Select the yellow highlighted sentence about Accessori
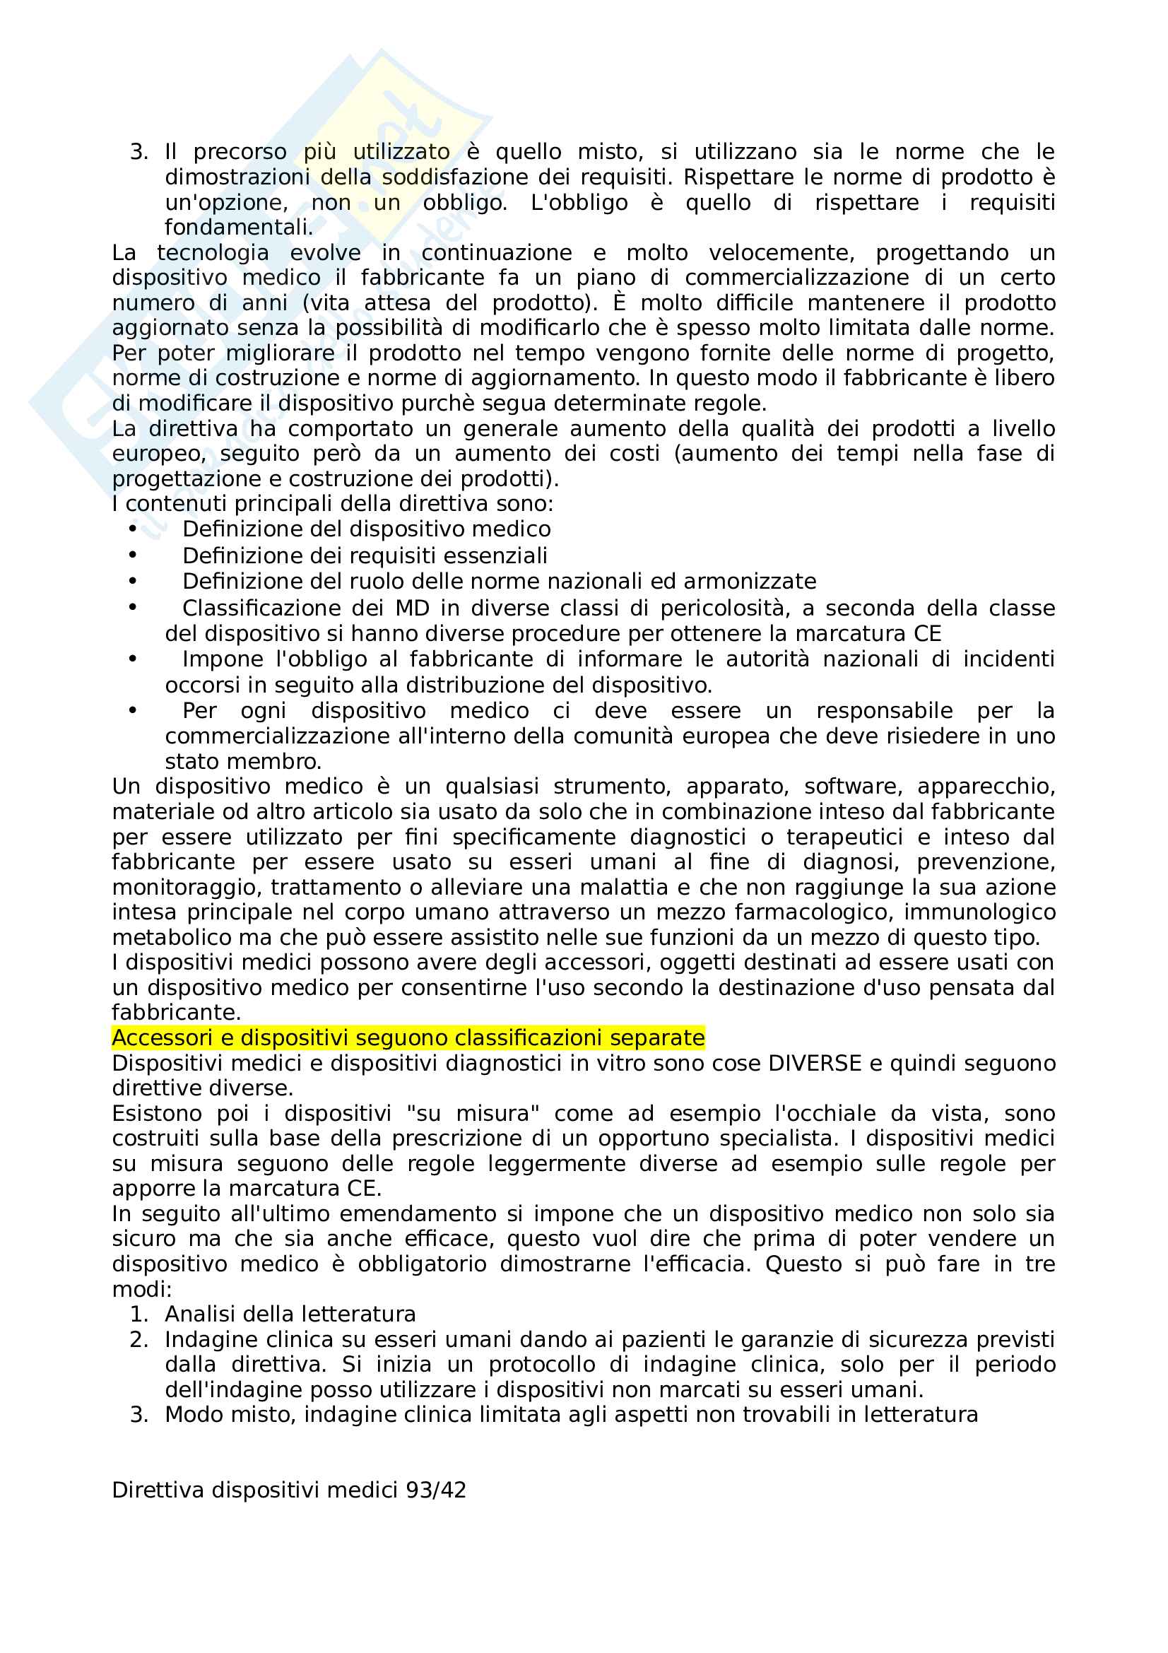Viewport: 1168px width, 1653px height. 408,1037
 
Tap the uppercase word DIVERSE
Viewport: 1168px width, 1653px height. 815,1063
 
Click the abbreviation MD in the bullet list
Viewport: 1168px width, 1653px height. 413,608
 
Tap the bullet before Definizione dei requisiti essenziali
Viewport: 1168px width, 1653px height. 132,555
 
